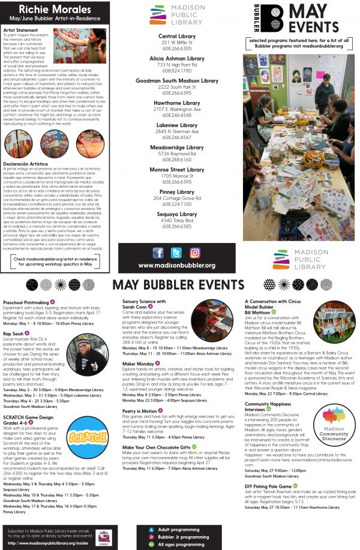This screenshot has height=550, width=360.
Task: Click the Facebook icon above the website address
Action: (x=158, y=253)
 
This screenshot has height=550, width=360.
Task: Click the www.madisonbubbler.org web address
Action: (x=176, y=265)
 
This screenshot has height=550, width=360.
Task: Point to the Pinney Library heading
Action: (x=176, y=192)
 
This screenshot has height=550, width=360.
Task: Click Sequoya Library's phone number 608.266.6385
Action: (x=176, y=226)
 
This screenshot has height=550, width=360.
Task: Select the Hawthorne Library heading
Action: (x=176, y=103)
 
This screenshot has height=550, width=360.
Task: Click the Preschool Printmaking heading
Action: (x=26, y=302)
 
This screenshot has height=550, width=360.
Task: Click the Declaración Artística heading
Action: (x=28, y=163)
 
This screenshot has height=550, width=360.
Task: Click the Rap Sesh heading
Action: (x=14, y=332)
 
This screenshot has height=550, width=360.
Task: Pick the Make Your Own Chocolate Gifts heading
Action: (x=155, y=447)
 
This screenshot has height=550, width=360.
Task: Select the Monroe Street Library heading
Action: (x=176, y=170)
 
